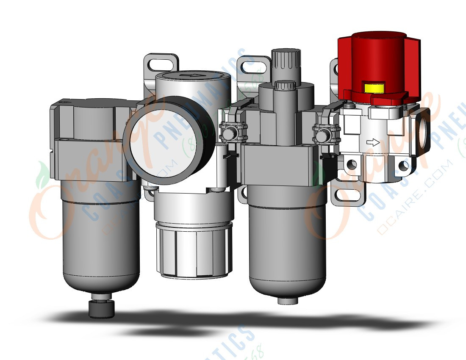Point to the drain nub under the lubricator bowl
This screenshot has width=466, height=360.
click(287, 300)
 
